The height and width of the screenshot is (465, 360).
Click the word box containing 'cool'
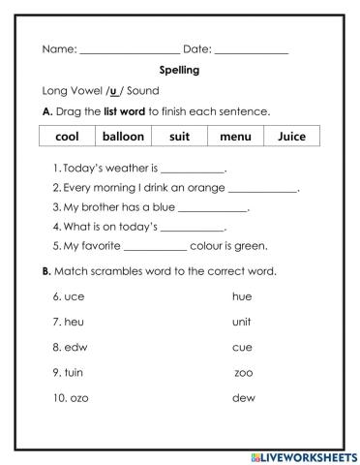[68, 137]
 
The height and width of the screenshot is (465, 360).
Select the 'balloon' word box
[123, 137]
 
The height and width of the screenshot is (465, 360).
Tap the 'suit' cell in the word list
[179, 137]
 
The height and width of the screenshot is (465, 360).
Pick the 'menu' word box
[235, 137]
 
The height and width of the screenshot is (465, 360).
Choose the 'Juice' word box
[291, 137]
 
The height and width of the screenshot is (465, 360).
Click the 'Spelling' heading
[179, 70]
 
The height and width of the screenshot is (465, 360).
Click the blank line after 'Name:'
[130, 50]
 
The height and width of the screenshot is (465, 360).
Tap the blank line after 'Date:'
[252, 50]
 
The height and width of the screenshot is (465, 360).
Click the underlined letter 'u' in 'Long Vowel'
[113, 90]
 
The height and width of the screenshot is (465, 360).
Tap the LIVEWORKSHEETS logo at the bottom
[302, 455]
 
